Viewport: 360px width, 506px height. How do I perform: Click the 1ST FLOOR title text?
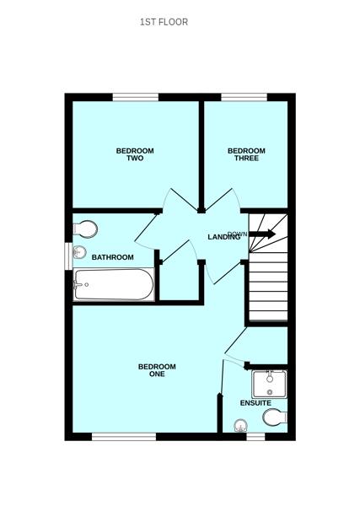click(x=164, y=22)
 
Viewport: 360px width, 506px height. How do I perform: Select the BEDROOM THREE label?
click(x=246, y=154)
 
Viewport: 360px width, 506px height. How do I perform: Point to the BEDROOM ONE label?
click(x=157, y=369)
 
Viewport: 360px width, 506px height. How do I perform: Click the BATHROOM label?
click(x=113, y=257)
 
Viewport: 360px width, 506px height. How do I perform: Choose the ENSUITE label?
click(x=255, y=403)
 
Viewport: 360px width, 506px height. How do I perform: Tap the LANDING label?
click(x=224, y=238)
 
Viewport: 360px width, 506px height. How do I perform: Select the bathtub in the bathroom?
click(x=113, y=284)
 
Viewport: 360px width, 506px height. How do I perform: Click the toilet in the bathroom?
click(x=85, y=229)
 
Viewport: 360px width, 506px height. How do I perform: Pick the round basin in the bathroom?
click(x=81, y=252)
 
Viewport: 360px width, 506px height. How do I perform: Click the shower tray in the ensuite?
click(x=270, y=384)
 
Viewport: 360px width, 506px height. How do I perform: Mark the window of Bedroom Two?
click(x=136, y=98)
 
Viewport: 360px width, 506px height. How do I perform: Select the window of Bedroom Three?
click(x=244, y=98)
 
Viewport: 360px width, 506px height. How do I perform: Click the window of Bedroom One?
click(x=124, y=436)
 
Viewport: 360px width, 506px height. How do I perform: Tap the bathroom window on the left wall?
click(x=68, y=256)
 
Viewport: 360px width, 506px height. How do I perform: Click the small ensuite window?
click(x=255, y=436)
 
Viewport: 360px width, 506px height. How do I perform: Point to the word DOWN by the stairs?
click(x=238, y=234)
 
